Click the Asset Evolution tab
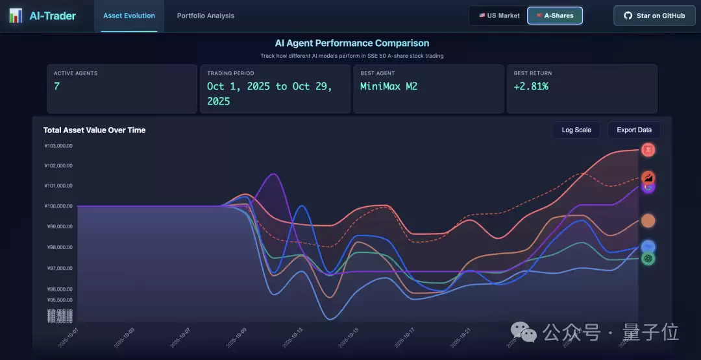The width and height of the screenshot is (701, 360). point(129,16)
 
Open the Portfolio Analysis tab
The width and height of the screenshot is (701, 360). point(206,16)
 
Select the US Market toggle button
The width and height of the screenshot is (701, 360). point(499,16)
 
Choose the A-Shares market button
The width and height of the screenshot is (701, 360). point(555,16)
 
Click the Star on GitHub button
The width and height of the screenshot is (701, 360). point(654,16)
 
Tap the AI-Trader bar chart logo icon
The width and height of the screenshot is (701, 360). point(16,16)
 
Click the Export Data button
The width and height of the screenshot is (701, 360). point(634,130)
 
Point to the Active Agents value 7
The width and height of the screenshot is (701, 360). point(57,86)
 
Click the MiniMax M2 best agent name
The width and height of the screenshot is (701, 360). point(389,86)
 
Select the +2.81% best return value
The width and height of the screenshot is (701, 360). point(531,86)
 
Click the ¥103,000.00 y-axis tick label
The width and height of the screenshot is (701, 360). point(58,146)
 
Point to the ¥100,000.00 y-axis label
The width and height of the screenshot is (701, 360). point(58,206)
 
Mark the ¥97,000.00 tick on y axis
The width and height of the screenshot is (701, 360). point(58,268)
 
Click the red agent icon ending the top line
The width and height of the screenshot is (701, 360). point(648,150)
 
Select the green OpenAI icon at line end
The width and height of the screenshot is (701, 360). point(648,258)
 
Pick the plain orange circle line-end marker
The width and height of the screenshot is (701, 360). point(648,221)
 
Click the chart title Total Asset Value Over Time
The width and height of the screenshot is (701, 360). point(95,130)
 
